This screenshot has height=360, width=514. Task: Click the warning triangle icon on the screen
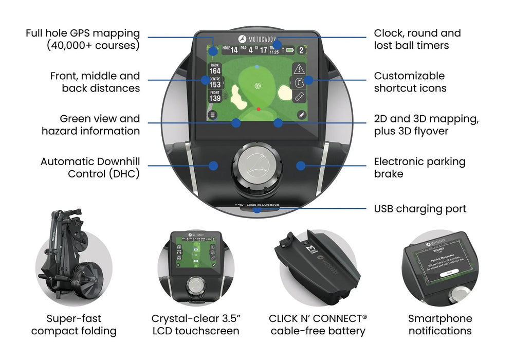click(x=299, y=69)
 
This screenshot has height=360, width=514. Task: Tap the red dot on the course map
click(x=258, y=109)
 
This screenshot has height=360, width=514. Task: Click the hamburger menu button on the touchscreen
click(x=212, y=115)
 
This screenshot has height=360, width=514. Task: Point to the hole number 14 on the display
click(x=234, y=50)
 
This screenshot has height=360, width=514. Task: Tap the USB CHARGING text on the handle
click(x=263, y=205)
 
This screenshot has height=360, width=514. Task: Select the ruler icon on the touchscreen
click(x=299, y=96)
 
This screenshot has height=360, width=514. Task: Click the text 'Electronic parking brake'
click(x=419, y=168)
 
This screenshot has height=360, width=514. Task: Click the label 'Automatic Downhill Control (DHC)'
click(x=90, y=168)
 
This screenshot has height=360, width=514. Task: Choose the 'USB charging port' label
click(x=420, y=209)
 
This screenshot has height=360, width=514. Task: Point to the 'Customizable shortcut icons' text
click(x=410, y=82)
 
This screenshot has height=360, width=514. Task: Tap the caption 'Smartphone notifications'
click(x=439, y=325)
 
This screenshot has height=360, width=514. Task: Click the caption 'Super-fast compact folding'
click(x=74, y=325)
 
